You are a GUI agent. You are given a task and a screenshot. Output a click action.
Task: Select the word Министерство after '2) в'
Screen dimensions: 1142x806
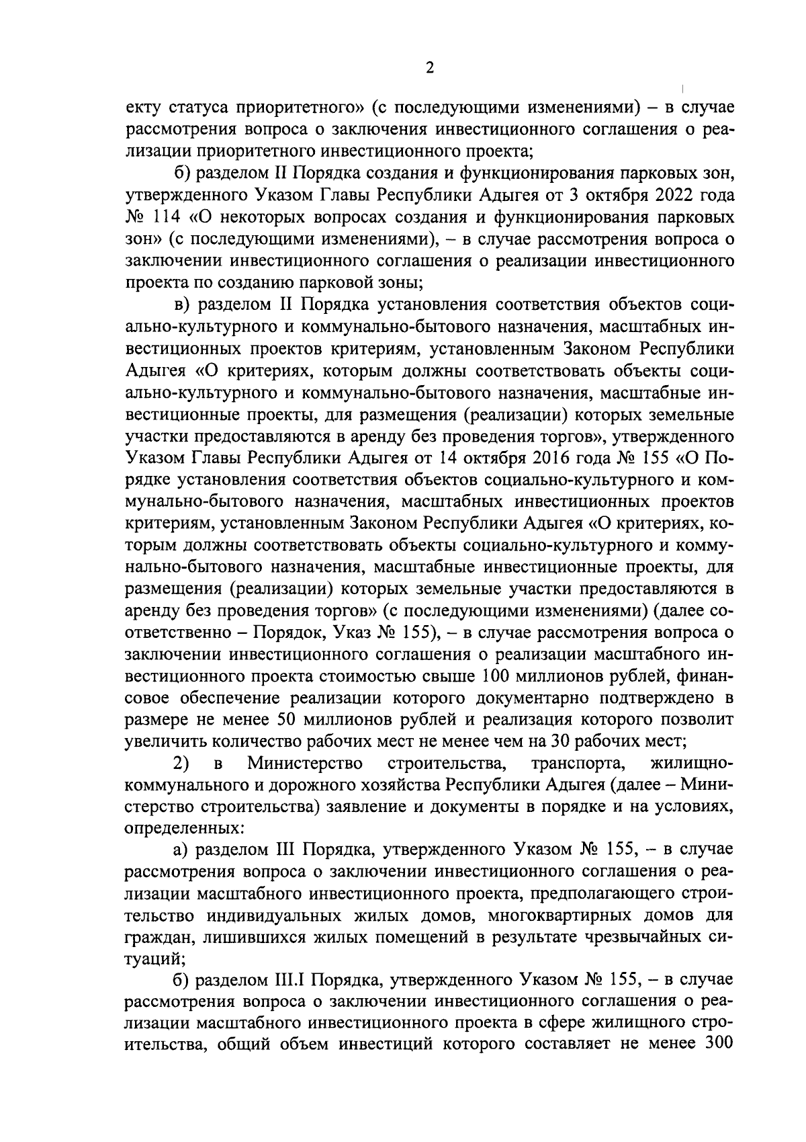tap(306, 763)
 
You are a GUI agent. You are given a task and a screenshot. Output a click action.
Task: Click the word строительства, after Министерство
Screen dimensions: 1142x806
tap(445, 763)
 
